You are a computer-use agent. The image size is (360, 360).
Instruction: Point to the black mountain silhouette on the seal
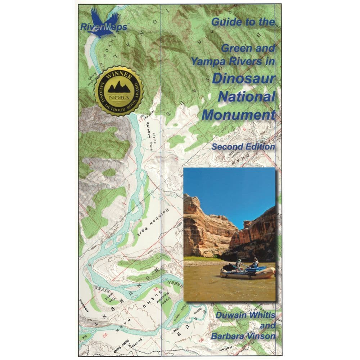tap(119, 86)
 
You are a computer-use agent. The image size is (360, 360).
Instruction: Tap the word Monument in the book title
tap(239, 115)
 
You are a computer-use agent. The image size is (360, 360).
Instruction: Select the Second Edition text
tap(243, 147)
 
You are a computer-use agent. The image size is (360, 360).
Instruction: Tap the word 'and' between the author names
tap(268, 326)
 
